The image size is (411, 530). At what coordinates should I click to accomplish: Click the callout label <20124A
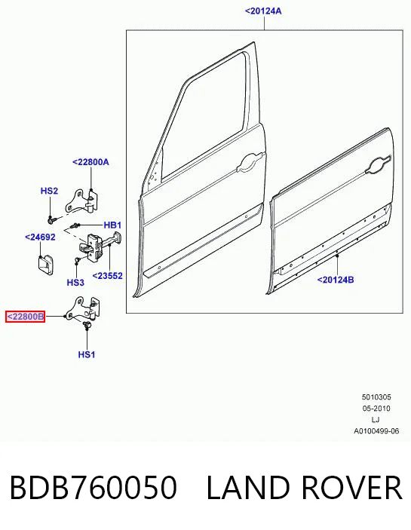tap(263, 11)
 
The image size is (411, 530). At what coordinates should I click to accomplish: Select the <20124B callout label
tap(336, 280)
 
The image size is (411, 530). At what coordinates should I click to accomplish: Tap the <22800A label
tap(90, 162)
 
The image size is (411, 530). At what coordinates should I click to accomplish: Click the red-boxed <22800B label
tap(26, 317)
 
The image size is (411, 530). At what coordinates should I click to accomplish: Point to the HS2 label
tap(49, 191)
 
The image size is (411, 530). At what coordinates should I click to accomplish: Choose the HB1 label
tap(112, 225)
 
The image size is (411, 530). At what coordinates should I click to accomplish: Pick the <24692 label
tap(40, 237)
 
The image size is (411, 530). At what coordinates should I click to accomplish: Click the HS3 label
tap(75, 282)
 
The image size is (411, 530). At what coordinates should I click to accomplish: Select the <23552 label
tap(108, 276)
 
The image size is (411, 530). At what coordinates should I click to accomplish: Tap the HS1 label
tap(87, 354)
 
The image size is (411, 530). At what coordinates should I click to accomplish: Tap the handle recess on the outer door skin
tap(379, 165)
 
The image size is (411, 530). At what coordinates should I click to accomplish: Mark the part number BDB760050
tap(94, 487)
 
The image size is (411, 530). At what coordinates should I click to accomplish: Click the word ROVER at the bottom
tap(351, 487)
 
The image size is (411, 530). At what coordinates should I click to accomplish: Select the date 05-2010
tap(376, 409)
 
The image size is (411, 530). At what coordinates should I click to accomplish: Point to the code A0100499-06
tap(376, 431)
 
